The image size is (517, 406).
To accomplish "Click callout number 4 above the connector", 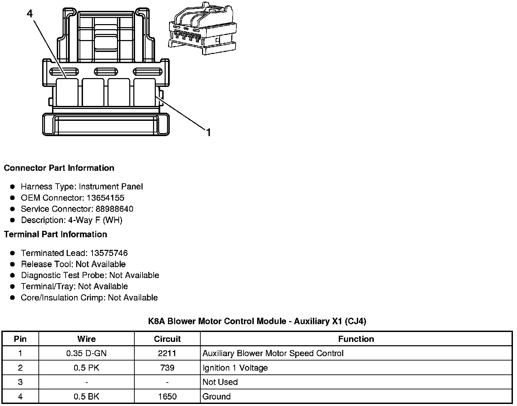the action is click(30, 14).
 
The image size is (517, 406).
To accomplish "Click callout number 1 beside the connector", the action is click(209, 132).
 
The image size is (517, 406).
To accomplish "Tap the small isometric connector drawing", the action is click(202, 29).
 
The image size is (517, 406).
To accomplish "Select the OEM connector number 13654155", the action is click(105, 198).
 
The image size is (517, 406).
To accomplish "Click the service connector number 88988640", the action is click(114, 209).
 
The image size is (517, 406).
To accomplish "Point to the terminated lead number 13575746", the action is click(109, 253).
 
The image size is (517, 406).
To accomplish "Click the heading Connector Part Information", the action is click(59, 168).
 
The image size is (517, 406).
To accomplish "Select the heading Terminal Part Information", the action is click(55, 235).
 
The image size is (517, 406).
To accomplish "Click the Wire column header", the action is click(86, 339).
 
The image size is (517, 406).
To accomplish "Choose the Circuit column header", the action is click(167, 339).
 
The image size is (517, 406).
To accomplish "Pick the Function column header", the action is click(356, 339).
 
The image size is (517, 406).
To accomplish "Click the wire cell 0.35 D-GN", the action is click(86, 353).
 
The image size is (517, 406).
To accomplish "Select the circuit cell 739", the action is click(167, 368).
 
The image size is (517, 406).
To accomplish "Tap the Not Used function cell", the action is click(220, 382).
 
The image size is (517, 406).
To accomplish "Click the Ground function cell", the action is click(216, 396).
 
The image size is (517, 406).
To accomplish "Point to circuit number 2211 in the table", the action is click(167, 353).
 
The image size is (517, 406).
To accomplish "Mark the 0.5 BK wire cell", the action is click(86, 396).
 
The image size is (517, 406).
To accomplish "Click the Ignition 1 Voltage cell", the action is click(235, 368).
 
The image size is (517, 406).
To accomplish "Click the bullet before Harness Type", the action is click(13, 187).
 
